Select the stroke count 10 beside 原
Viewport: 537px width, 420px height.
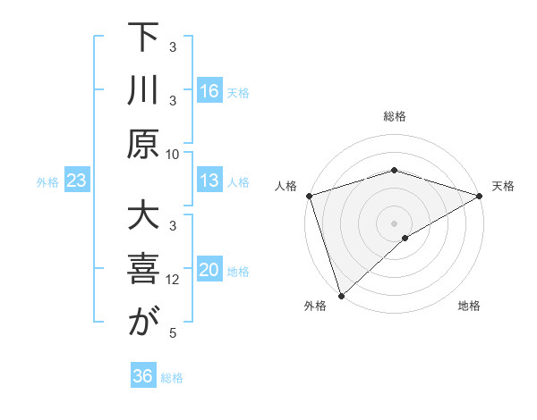pos(173,154)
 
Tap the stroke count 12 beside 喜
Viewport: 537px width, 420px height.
pos(173,280)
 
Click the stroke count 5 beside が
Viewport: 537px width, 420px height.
pos(173,333)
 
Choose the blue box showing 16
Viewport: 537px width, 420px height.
pos(209,90)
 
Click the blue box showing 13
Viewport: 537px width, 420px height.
pos(209,181)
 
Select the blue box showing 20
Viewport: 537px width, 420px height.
pos(209,270)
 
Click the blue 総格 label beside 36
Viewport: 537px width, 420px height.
pos(172,378)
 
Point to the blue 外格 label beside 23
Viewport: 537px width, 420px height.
pos(47,182)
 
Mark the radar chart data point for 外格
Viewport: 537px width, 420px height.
pos(341,295)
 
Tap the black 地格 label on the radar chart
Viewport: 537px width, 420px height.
pos(469,307)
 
